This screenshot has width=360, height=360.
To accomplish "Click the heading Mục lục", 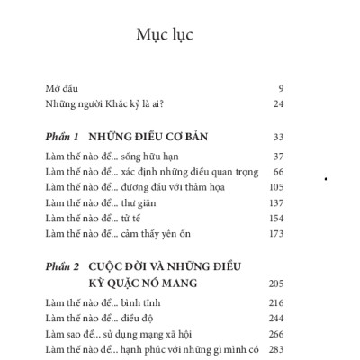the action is click(165, 36).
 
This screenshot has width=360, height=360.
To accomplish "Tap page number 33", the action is click(277, 138).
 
